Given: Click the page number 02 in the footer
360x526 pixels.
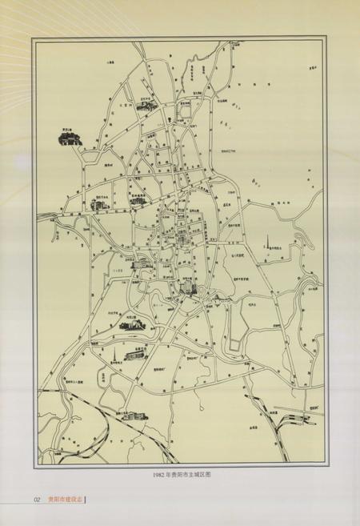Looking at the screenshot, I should (37, 500).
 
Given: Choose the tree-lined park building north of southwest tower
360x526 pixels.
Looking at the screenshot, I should (132, 324).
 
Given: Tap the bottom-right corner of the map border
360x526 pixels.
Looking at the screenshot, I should (324, 467).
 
